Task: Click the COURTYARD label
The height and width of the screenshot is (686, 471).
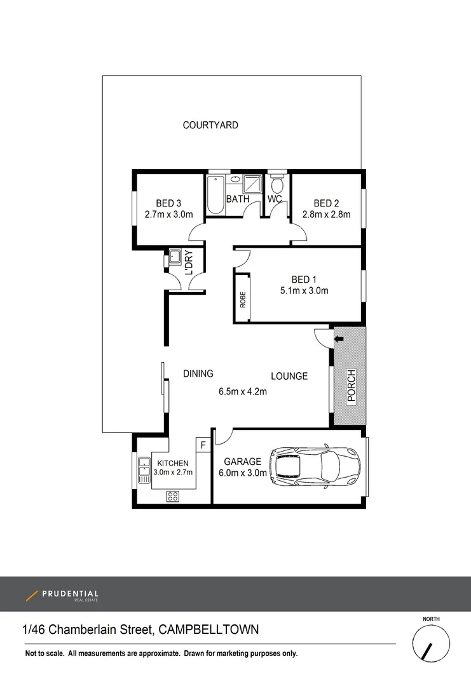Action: click(210, 125)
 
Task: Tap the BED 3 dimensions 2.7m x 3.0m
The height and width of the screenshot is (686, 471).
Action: click(168, 215)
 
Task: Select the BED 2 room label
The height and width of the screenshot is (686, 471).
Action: click(326, 203)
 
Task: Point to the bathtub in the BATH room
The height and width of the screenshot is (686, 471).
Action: click(215, 195)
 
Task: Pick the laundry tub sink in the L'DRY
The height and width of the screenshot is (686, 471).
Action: click(174, 258)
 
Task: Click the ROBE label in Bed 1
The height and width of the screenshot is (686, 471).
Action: click(242, 299)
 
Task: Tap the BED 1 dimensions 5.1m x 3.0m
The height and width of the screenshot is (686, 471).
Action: click(304, 292)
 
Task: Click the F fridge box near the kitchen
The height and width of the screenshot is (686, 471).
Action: click(203, 445)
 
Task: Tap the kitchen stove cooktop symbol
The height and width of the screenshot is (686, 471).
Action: click(172, 496)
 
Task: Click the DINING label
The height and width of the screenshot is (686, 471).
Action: click(198, 373)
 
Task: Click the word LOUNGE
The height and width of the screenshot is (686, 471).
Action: click(289, 376)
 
